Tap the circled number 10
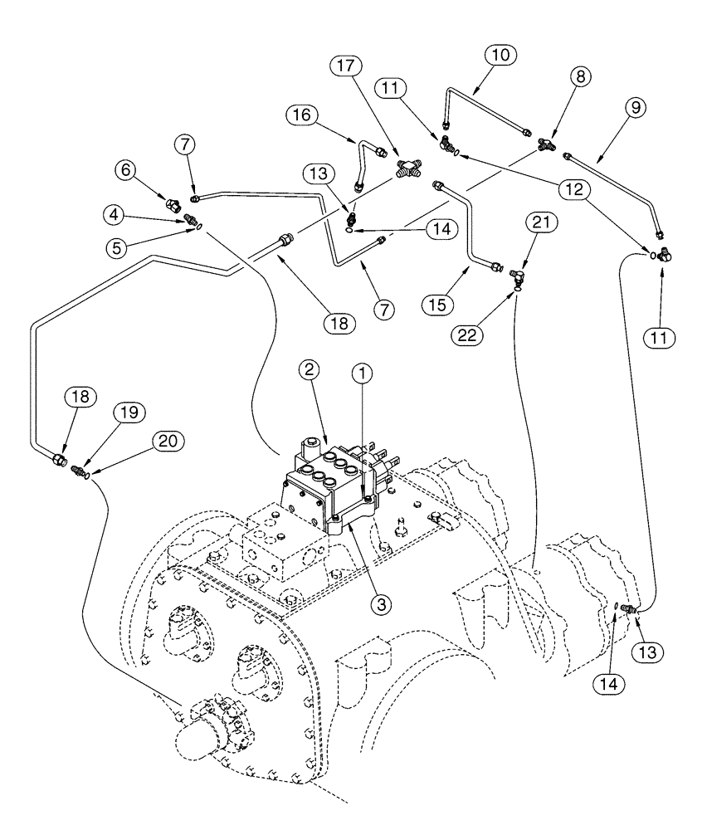point(498,55)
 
